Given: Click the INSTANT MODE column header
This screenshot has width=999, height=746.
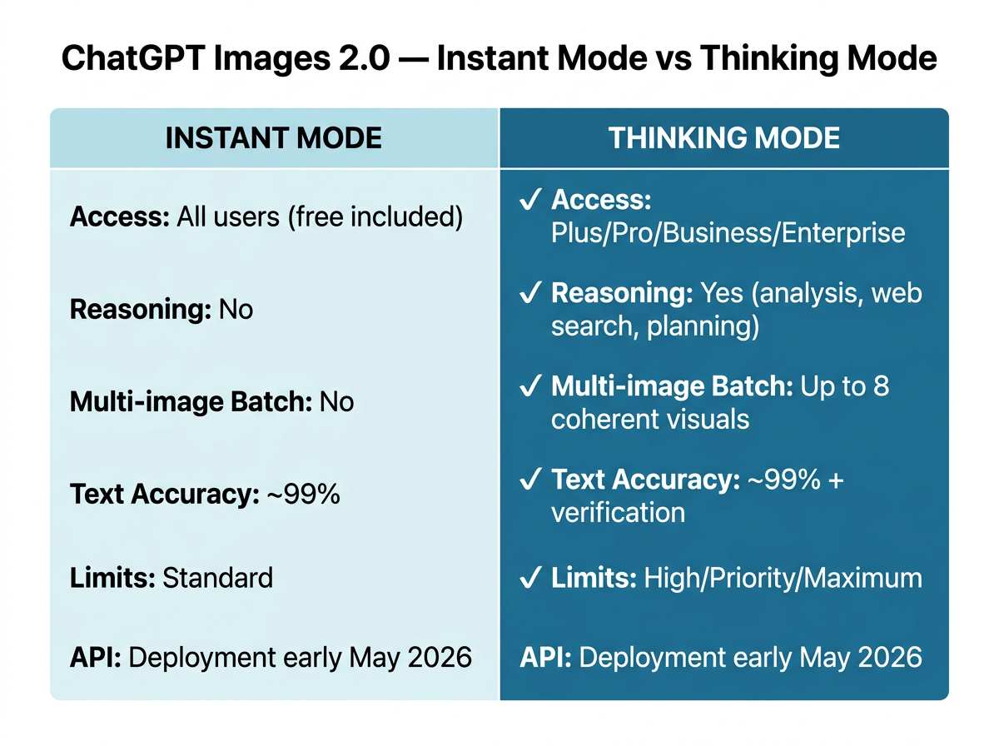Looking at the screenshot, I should click(x=274, y=138).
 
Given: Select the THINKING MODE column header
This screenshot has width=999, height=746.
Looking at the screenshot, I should click(x=724, y=138).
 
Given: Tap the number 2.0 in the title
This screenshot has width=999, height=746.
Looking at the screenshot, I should click(x=355, y=61).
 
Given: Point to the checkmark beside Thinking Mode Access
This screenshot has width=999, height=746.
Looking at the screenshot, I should click(x=529, y=201).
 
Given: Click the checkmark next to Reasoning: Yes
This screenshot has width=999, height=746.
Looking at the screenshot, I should click(x=529, y=294).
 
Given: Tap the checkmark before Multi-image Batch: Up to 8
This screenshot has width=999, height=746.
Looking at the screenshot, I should click(x=529, y=386).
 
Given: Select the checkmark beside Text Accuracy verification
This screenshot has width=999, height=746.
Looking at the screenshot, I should click(x=529, y=480).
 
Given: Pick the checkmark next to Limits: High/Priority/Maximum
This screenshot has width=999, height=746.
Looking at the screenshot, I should click(x=529, y=578).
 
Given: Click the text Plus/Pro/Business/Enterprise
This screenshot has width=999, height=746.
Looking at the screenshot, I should click(x=728, y=232).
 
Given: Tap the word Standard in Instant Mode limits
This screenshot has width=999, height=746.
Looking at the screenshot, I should click(x=217, y=578).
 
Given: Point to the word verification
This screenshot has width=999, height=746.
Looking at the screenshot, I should click(x=618, y=512).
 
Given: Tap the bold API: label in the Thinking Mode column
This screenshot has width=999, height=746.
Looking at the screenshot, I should click(x=545, y=658).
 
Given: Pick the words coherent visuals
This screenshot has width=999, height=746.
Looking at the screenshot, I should click(x=649, y=418).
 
